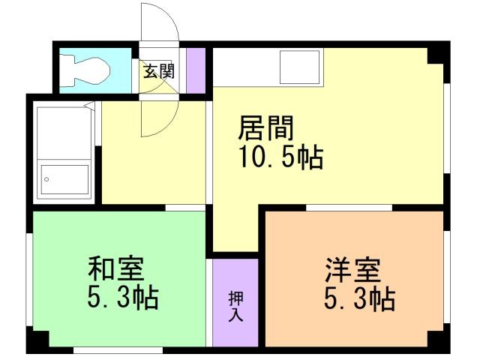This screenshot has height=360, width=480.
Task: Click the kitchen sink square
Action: (x=299, y=67)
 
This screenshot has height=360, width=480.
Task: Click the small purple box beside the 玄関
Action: (x=195, y=70)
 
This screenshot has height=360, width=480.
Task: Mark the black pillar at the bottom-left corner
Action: (x=37, y=343)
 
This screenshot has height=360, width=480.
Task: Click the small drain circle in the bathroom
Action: (x=46, y=180)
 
